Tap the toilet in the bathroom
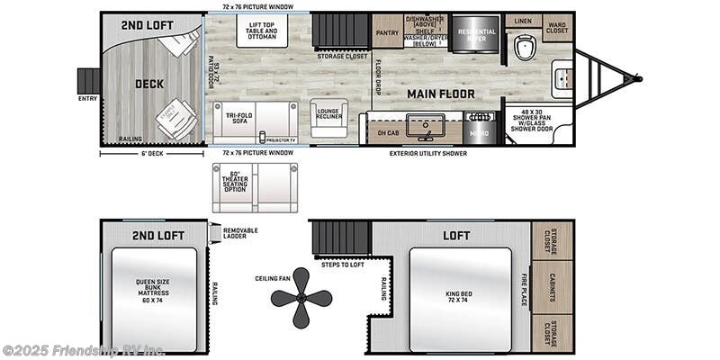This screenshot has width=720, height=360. click(526, 45)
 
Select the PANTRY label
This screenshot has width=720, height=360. click(387, 31)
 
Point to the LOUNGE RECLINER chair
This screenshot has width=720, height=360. click(328, 117)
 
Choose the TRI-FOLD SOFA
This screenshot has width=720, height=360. click(255, 121)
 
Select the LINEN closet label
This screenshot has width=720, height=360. click(523, 20)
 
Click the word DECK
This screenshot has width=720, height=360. click(149, 85)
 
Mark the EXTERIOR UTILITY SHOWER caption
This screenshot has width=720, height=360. click(428, 153)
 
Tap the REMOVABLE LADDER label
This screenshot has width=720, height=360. click(240, 233)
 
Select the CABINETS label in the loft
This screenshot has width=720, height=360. click(552, 287)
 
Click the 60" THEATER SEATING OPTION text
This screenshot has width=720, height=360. click(235, 184)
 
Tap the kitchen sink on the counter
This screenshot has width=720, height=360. click(419, 127)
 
